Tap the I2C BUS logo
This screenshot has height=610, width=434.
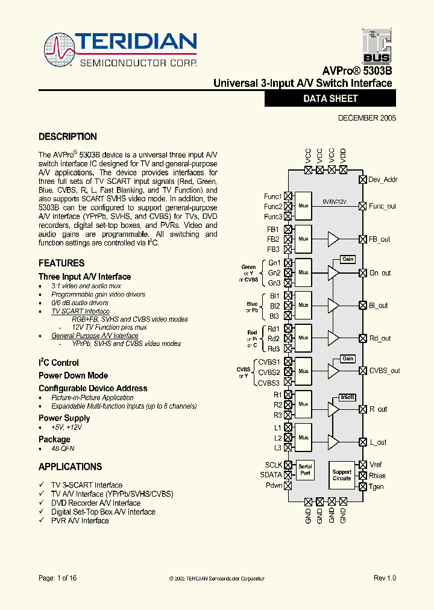click(377, 46)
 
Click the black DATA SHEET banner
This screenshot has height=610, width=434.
click(330, 99)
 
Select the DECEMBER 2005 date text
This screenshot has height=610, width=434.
click(366, 119)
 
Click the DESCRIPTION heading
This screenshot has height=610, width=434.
click(68, 137)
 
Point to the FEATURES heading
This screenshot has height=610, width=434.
click(61, 263)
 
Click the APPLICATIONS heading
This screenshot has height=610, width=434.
click(70, 467)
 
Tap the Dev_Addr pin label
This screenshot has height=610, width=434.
click(383, 180)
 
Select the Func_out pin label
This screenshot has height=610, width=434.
click(382, 206)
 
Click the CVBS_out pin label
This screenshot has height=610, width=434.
click(385, 371)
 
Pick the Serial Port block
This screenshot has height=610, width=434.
click(305, 470)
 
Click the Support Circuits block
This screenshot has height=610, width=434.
click(342, 475)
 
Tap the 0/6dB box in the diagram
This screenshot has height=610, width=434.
click(347, 397)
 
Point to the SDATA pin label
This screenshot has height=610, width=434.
click(271, 475)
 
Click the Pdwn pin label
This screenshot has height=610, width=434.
click(274, 485)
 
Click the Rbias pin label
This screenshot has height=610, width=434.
click(377, 476)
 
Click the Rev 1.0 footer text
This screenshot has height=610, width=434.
click(385, 578)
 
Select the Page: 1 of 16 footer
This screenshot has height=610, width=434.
click(58, 578)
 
